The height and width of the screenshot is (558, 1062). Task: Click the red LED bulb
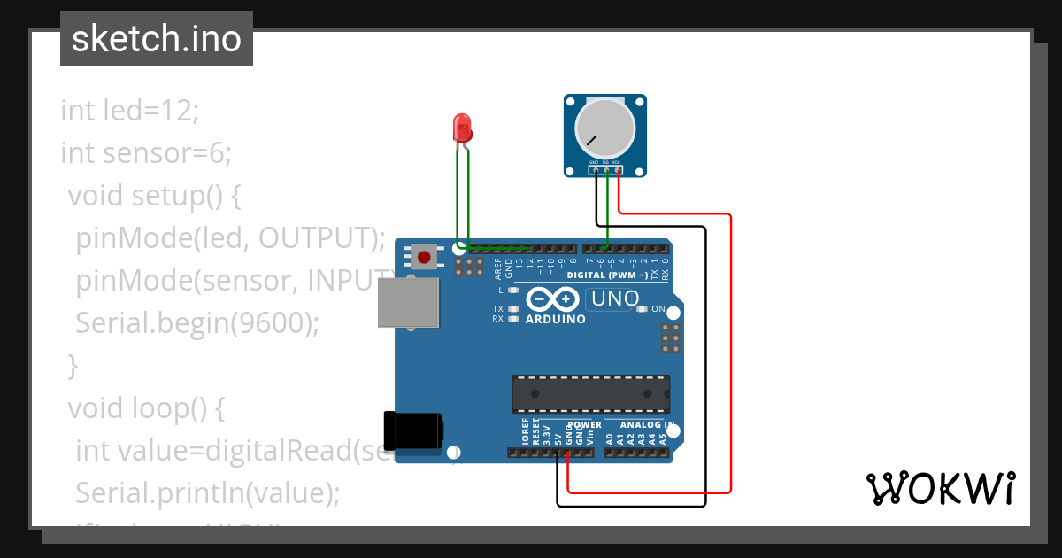462,129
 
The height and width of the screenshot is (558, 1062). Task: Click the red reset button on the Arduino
425,258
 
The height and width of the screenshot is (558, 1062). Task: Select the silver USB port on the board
408,304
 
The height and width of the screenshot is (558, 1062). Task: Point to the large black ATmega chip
590,394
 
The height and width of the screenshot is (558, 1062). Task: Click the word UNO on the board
615,299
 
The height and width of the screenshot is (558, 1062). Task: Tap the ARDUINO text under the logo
555,319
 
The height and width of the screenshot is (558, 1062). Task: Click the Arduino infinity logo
554,299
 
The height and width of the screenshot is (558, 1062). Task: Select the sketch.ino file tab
157,39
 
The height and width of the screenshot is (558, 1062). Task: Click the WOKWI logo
941,488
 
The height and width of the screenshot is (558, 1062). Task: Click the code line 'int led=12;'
131,111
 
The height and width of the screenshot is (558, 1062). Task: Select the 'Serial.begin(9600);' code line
196,322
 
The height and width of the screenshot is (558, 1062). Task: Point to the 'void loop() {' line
147,407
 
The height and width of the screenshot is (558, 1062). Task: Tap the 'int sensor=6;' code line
146,153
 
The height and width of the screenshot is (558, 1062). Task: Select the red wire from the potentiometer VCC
731,354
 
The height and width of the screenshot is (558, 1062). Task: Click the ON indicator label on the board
658,309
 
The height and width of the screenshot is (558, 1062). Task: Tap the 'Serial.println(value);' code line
208,492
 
